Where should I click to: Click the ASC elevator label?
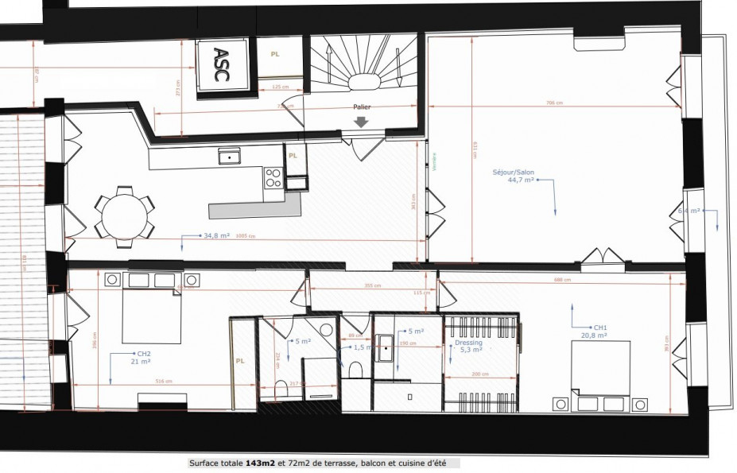point(220,65)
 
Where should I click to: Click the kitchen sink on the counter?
point(231,157)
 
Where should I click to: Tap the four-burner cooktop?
point(273,176)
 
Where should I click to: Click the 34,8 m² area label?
point(216,236)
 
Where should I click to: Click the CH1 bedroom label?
point(600,328)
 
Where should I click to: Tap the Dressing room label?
point(468,343)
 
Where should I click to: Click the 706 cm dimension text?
point(554,103)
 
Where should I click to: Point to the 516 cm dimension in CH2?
point(163,381)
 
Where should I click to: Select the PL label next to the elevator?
point(275,55)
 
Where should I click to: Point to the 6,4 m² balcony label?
point(689,211)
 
